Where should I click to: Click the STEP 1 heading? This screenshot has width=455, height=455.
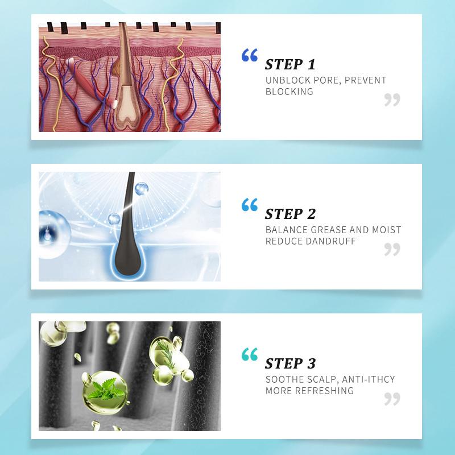point(290,64)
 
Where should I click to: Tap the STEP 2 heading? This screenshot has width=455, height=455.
point(290,214)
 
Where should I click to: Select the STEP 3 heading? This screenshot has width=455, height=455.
point(290,363)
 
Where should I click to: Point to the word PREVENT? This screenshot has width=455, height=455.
point(365,80)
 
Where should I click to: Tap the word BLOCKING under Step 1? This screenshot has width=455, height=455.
point(289,92)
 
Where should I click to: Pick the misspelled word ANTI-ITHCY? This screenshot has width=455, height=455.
point(368,379)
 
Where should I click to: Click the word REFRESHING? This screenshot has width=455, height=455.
point(324,391)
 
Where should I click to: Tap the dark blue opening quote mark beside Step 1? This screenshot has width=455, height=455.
point(250,55)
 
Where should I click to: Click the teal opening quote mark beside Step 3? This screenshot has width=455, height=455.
point(250,354)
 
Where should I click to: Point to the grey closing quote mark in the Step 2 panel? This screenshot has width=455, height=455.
point(392,250)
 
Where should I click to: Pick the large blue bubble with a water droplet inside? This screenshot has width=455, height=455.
point(54,234)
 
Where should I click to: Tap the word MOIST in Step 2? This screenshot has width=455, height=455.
point(387,230)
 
